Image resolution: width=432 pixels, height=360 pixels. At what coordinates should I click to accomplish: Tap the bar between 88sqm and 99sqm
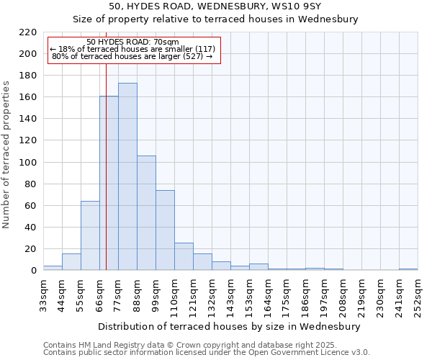click(x=146, y=212)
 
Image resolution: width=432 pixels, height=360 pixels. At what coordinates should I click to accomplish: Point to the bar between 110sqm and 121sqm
click(x=184, y=256)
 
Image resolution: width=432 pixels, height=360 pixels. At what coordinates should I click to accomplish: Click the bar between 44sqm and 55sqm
click(x=71, y=262)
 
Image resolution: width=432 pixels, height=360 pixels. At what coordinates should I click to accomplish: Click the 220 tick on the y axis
click(x=28, y=32)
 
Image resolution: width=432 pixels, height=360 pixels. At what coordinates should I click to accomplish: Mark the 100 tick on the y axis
click(x=28, y=163)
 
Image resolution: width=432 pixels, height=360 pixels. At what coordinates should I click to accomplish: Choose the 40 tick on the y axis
click(x=31, y=228)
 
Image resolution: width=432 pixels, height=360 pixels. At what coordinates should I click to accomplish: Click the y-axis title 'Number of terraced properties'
click(x=7, y=155)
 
